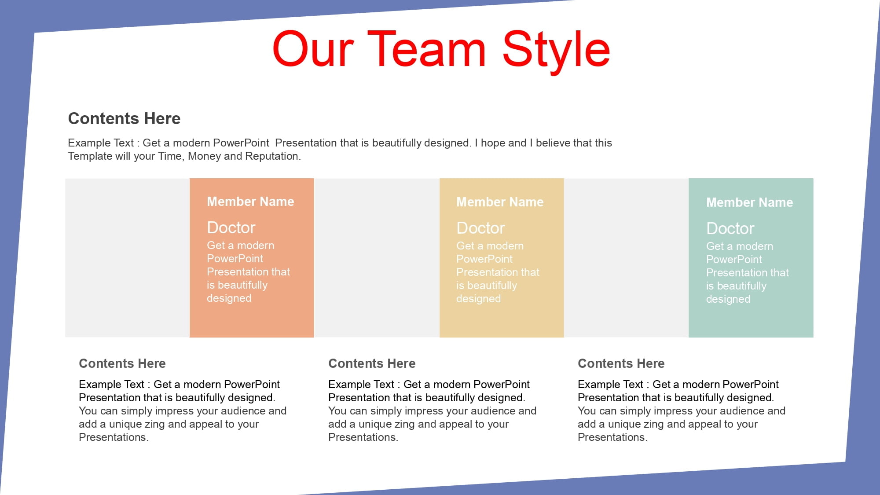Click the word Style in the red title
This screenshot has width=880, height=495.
pyautogui.click(x=556, y=52)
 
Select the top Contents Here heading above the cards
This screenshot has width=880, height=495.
pyautogui.click(x=124, y=118)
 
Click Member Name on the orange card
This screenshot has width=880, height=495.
pyautogui.click(x=250, y=202)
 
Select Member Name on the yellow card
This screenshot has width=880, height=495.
pyautogui.click(x=500, y=202)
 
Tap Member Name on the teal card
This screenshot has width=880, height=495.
pyautogui.click(x=749, y=202)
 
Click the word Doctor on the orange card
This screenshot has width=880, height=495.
pyautogui.click(x=231, y=227)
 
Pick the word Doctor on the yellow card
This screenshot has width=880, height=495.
pyautogui.click(x=480, y=228)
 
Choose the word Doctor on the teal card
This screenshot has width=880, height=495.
pyautogui.click(x=730, y=228)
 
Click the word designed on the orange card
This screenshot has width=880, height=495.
pyautogui.click(x=229, y=298)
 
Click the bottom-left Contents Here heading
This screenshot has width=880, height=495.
pyautogui.click(x=122, y=363)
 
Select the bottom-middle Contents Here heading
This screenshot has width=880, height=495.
pyautogui.click(x=372, y=363)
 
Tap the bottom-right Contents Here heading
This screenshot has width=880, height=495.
pyautogui.click(x=621, y=363)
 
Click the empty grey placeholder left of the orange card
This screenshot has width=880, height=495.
pyautogui.click(x=128, y=258)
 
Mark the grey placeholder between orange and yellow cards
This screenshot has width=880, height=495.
pyautogui.click(x=377, y=258)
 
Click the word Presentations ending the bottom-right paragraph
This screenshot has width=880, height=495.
pyautogui.click(x=612, y=437)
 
